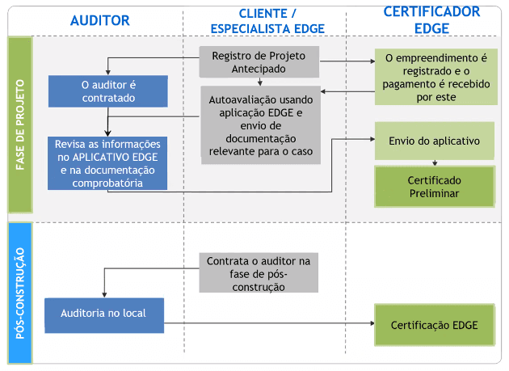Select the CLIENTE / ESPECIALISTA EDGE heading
[x=267, y=20]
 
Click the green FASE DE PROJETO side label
[x=20, y=124]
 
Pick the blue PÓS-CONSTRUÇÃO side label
[x=20, y=293]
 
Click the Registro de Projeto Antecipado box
[x=259, y=62]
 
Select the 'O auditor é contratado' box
[x=107, y=91]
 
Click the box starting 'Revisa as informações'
[x=107, y=162]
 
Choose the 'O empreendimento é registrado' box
[x=435, y=78]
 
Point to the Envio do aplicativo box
[x=435, y=141]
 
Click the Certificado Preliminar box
[x=435, y=186]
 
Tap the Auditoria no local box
[x=104, y=313]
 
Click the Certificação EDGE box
[x=435, y=325]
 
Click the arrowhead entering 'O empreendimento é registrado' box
[x=371, y=60]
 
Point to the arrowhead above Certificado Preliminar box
[x=435, y=162]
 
